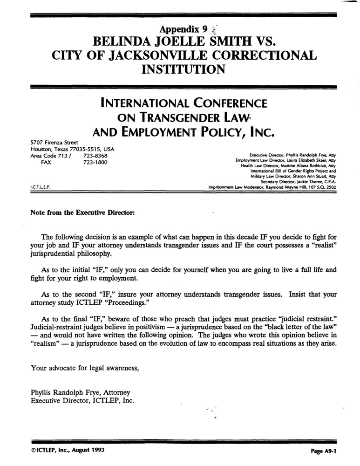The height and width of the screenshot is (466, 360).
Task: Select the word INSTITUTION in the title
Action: pos(183,69)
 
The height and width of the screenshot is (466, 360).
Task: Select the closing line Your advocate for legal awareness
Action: pos(85,368)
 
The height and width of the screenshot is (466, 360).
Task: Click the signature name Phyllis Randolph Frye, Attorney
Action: pos(80,392)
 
